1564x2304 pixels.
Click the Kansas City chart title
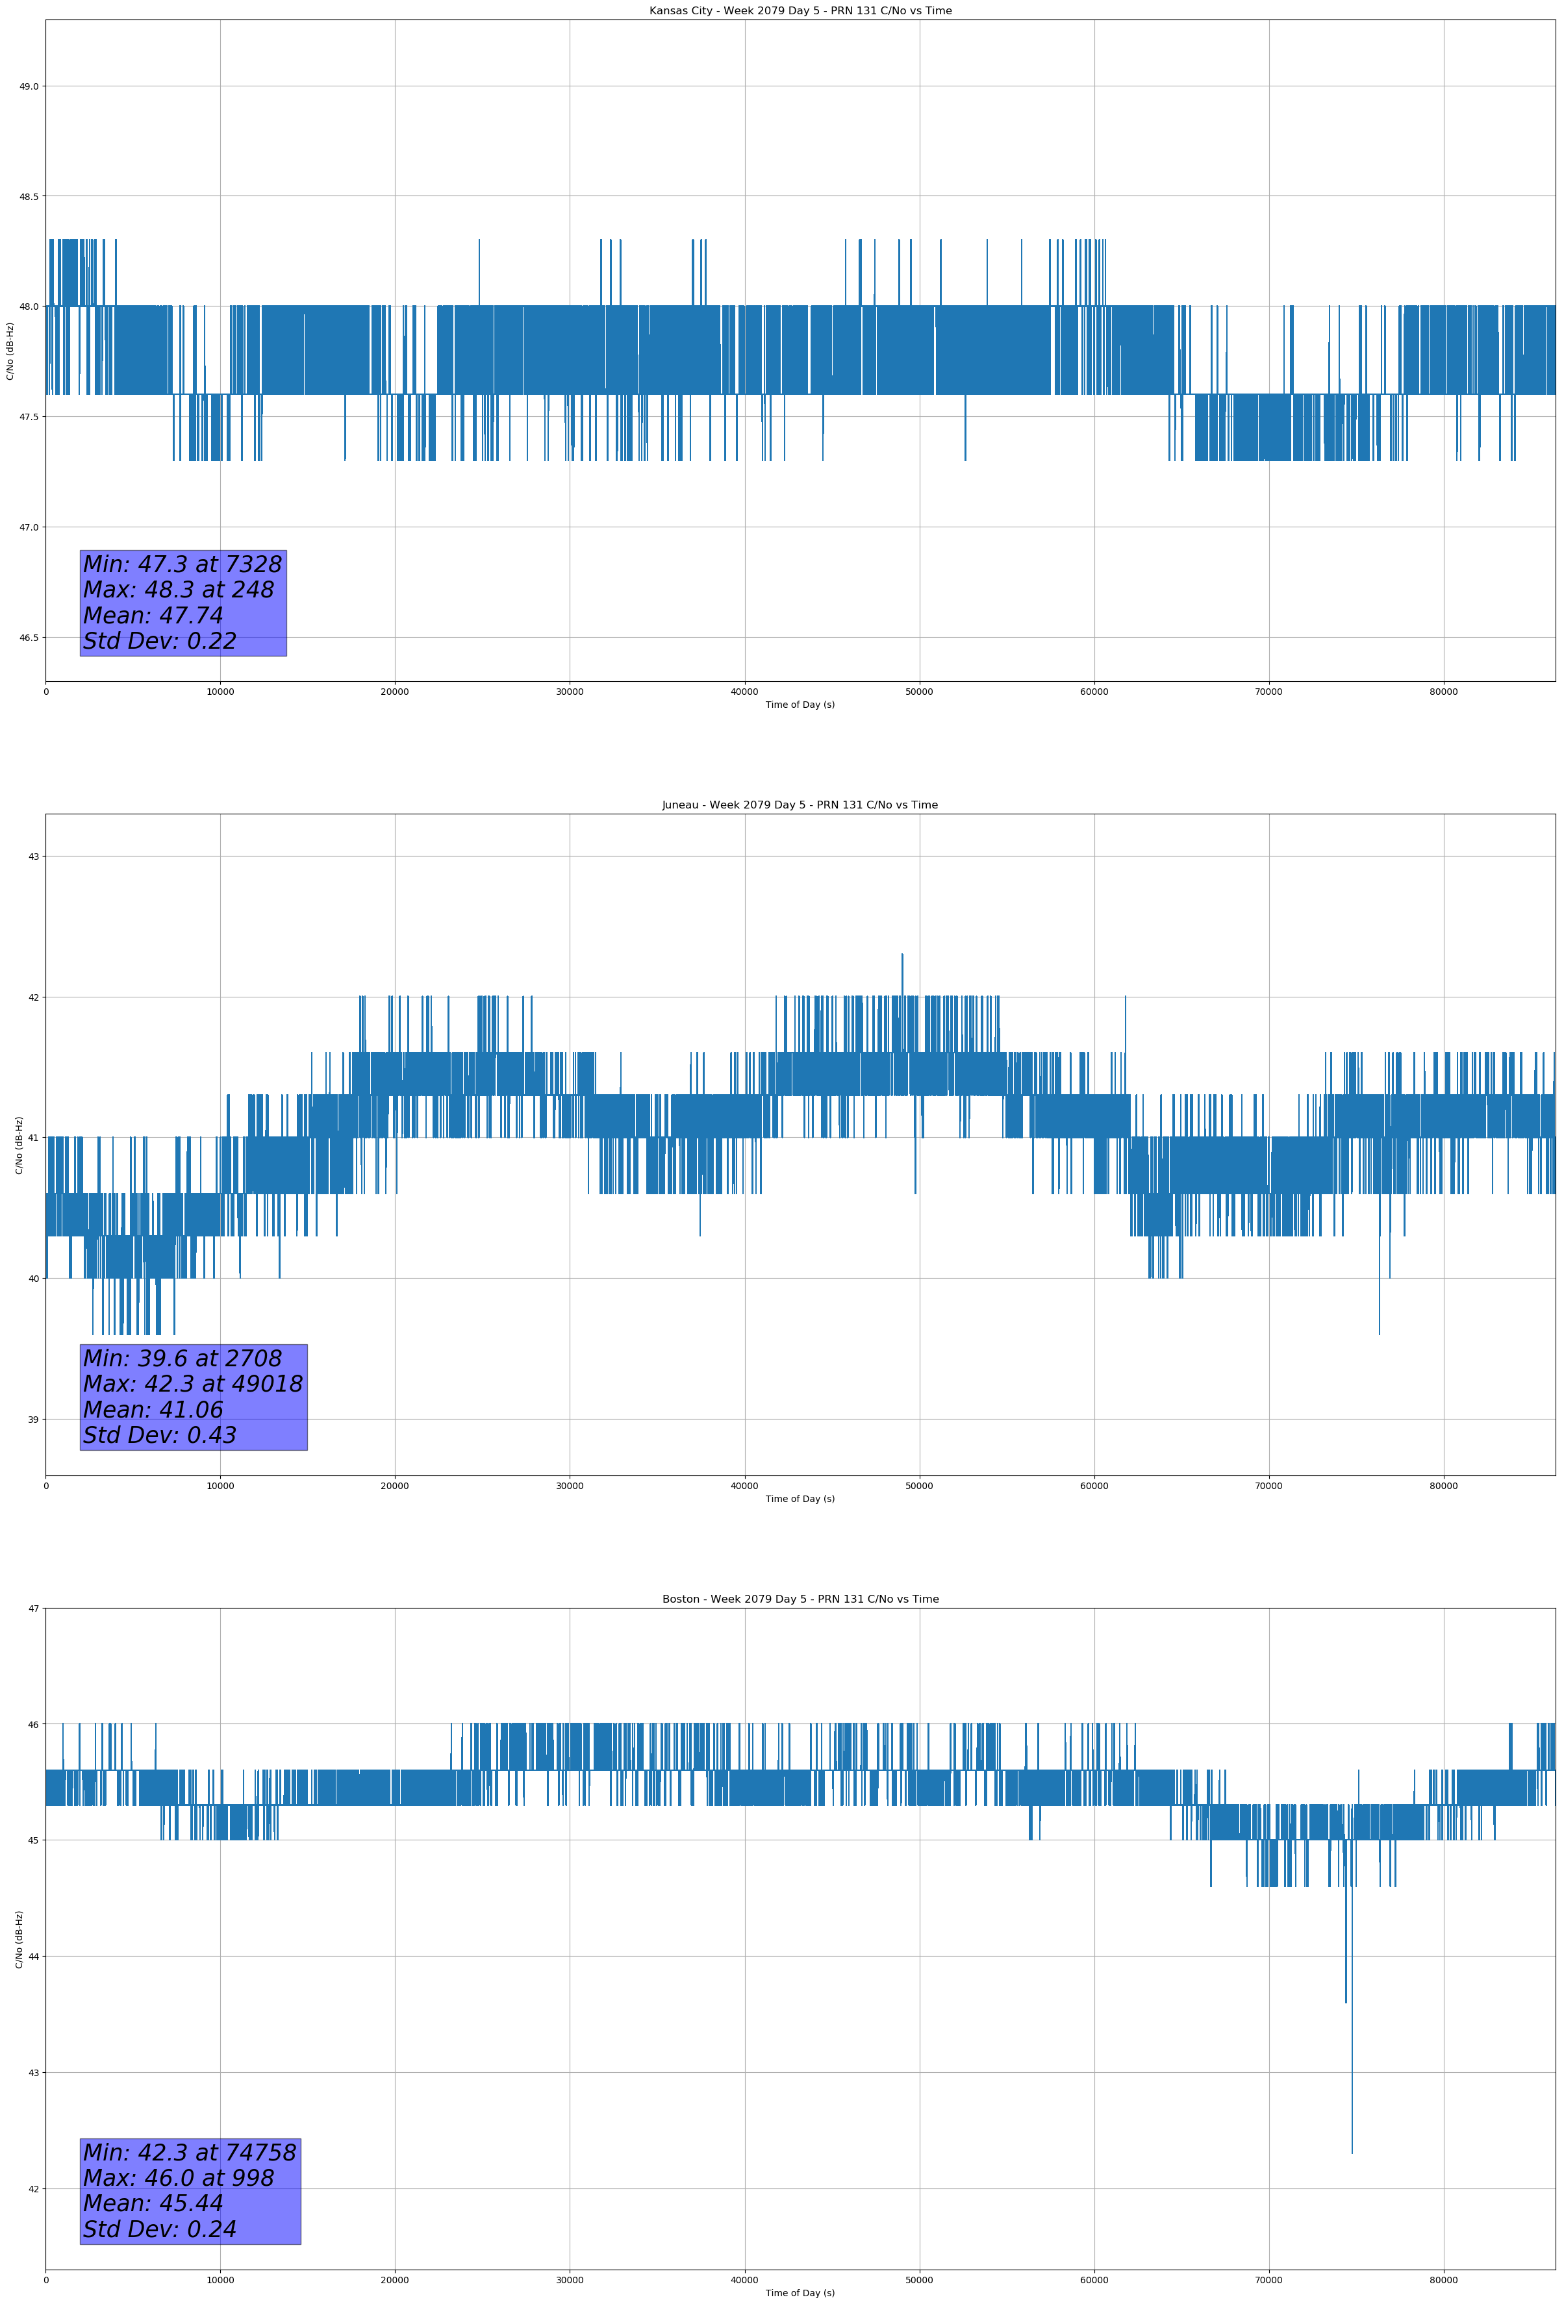pos(800,11)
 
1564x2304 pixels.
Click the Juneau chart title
pos(800,805)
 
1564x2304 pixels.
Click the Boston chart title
pos(800,1599)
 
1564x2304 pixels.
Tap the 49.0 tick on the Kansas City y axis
pos(29,86)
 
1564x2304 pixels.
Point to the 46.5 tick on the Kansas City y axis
pos(29,638)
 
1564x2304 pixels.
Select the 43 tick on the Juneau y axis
pos(32,857)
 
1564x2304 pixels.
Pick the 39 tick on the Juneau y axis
pos(32,1420)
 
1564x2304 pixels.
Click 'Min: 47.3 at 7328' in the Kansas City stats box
pos(183,564)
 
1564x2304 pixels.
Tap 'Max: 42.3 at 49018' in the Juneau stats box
pos(192,1384)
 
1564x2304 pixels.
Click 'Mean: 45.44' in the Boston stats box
pos(153,2203)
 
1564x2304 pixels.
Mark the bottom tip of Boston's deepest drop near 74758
pos(1352,2152)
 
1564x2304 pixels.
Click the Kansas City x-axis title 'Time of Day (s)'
pos(800,705)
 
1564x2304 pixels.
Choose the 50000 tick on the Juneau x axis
pos(919,1486)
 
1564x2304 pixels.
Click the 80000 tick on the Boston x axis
pos(1443,2280)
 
